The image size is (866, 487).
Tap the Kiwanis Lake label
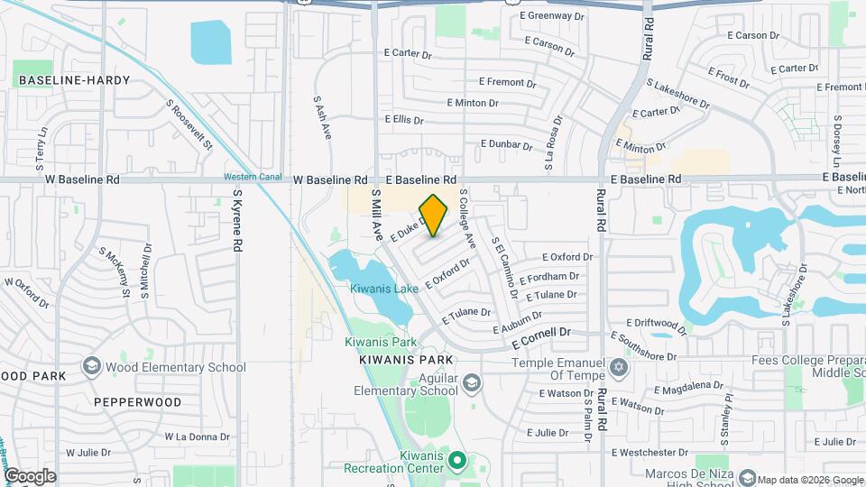[x=383, y=289]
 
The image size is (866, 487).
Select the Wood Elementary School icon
[x=91, y=366]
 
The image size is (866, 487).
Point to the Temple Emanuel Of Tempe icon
[x=618, y=367]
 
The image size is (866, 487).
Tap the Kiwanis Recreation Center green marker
[x=457, y=462]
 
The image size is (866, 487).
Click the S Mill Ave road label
[x=377, y=215]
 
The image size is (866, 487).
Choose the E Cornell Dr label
[x=542, y=337]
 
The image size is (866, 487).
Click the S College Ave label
[x=466, y=218]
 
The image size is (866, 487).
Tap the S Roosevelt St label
[x=189, y=124]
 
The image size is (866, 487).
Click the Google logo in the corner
[x=29, y=475]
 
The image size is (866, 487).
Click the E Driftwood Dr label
[x=657, y=322]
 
